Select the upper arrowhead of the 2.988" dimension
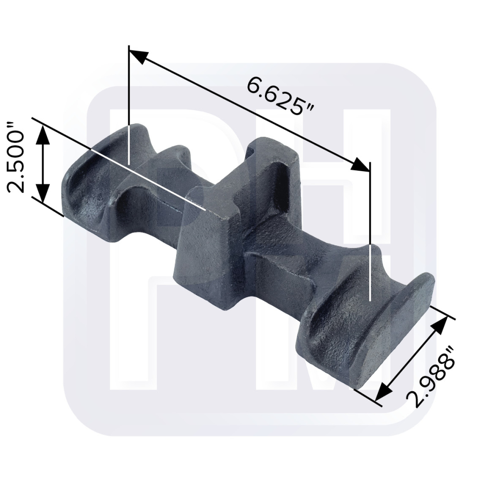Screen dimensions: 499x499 [440, 325]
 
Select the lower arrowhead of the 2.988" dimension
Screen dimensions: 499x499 [384, 391]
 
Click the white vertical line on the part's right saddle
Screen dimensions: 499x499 [370, 272]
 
